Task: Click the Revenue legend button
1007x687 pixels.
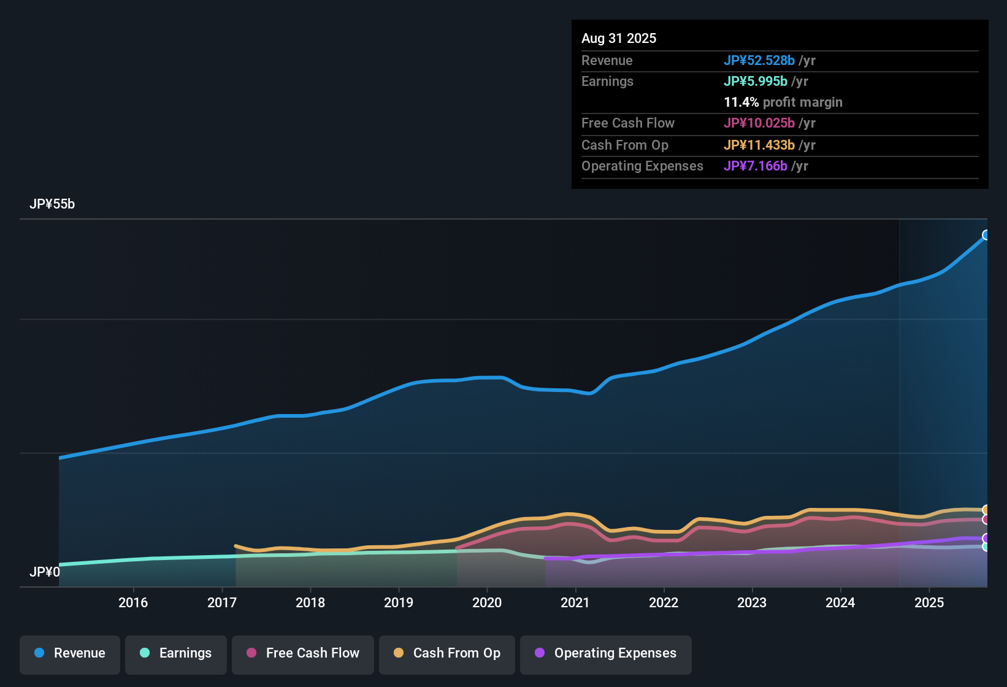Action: tap(70, 653)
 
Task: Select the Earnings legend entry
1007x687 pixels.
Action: tap(176, 653)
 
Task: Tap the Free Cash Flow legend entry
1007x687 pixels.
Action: tap(303, 653)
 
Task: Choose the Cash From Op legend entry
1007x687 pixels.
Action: tap(447, 653)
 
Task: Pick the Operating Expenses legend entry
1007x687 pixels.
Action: tap(606, 653)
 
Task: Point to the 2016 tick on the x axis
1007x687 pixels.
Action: tap(133, 602)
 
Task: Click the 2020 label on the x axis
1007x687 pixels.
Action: tap(487, 602)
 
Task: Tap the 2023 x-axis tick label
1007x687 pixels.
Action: tap(752, 602)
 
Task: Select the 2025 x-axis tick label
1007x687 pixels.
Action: tap(929, 602)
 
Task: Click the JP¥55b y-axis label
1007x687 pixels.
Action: tap(52, 204)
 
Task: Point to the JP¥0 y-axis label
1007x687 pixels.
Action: tap(45, 572)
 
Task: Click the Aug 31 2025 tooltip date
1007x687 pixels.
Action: tap(619, 39)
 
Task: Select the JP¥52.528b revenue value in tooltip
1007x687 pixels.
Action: tap(759, 61)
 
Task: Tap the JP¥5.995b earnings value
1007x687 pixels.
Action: tap(756, 82)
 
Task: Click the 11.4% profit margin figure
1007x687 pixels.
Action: tap(741, 102)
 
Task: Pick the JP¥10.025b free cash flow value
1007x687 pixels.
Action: tap(759, 123)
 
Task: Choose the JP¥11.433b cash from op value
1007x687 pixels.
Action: tap(759, 145)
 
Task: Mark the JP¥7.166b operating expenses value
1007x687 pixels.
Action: tap(756, 166)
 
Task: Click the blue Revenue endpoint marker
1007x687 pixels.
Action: tap(986, 235)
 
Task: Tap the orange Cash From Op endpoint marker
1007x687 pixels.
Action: tap(986, 510)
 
